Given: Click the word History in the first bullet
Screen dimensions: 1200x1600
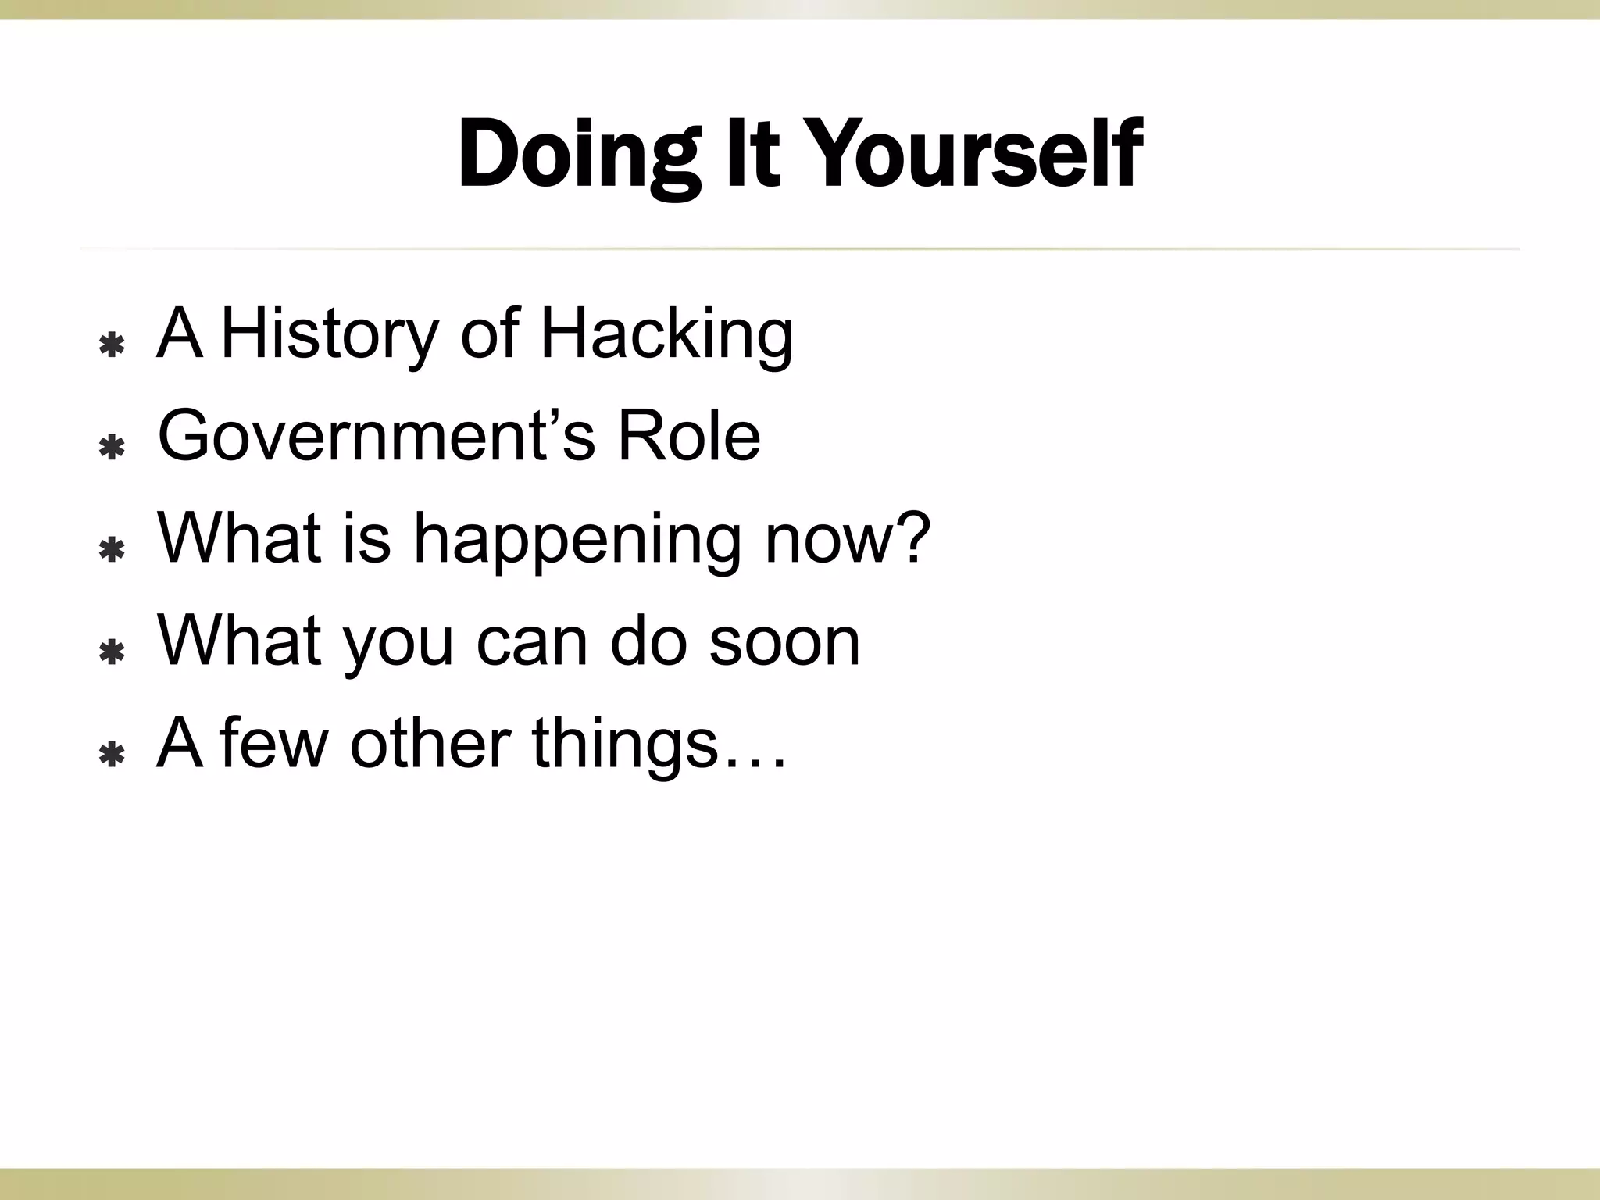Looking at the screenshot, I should (x=329, y=334).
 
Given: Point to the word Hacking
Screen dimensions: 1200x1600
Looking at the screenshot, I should (x=666, y=334).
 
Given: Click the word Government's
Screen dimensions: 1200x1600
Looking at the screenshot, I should (x=377, y=436).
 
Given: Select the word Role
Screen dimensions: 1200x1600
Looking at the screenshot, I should (x=688, y=436).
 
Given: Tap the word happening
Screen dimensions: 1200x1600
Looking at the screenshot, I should (x=576, y=539).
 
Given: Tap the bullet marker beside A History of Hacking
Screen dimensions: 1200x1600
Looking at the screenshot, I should (x=112, y=345).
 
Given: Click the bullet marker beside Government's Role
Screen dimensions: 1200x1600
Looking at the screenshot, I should (x=112, y=448).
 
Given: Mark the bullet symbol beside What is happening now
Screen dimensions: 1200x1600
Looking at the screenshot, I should (x=112, y=550).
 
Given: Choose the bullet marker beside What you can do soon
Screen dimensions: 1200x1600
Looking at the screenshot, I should (x=112, y=652).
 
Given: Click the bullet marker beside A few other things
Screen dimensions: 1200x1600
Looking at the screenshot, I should (x=112, y=755).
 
